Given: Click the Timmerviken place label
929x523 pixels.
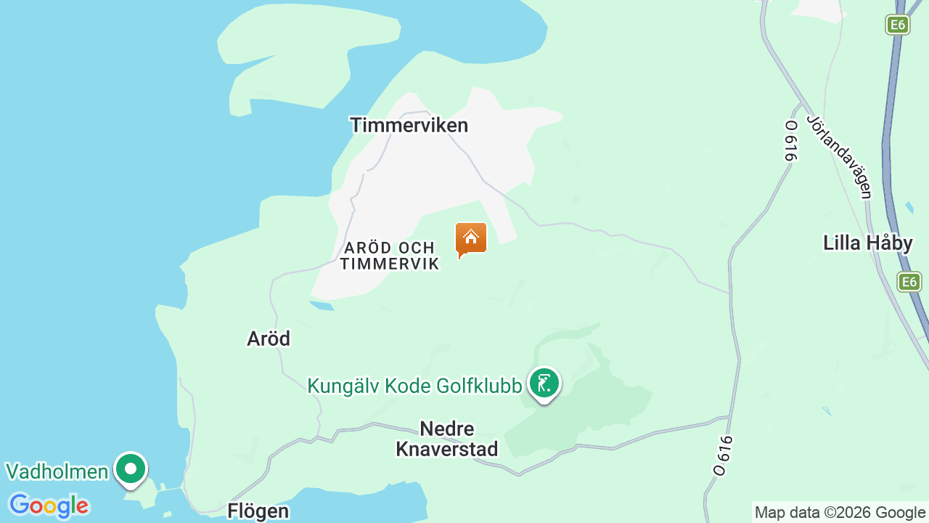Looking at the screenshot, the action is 409,125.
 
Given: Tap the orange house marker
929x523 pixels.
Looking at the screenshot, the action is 471,238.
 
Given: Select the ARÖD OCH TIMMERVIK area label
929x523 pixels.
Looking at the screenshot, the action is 390,256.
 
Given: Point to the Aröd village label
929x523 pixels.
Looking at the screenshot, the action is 269,338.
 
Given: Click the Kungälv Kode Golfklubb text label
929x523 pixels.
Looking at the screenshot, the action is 414,386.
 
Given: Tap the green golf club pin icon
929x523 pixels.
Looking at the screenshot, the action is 544,383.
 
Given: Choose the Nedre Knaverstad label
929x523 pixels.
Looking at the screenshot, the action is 447,439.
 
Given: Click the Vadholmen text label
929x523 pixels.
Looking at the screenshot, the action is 57,471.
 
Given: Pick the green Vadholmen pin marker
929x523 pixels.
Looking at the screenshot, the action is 131,469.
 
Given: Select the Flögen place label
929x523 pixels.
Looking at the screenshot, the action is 258,511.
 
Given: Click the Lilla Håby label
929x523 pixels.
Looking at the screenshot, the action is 867,243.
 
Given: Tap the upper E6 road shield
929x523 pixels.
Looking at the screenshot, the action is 898,25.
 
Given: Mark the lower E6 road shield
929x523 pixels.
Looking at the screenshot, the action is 909,282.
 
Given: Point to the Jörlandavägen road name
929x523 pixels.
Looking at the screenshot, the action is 838,156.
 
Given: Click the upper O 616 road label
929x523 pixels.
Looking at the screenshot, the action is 791,140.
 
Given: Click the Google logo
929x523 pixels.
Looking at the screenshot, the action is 48,506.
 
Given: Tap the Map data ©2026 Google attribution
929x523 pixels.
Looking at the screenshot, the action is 840,513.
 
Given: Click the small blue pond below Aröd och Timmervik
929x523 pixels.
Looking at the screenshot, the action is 322,305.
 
